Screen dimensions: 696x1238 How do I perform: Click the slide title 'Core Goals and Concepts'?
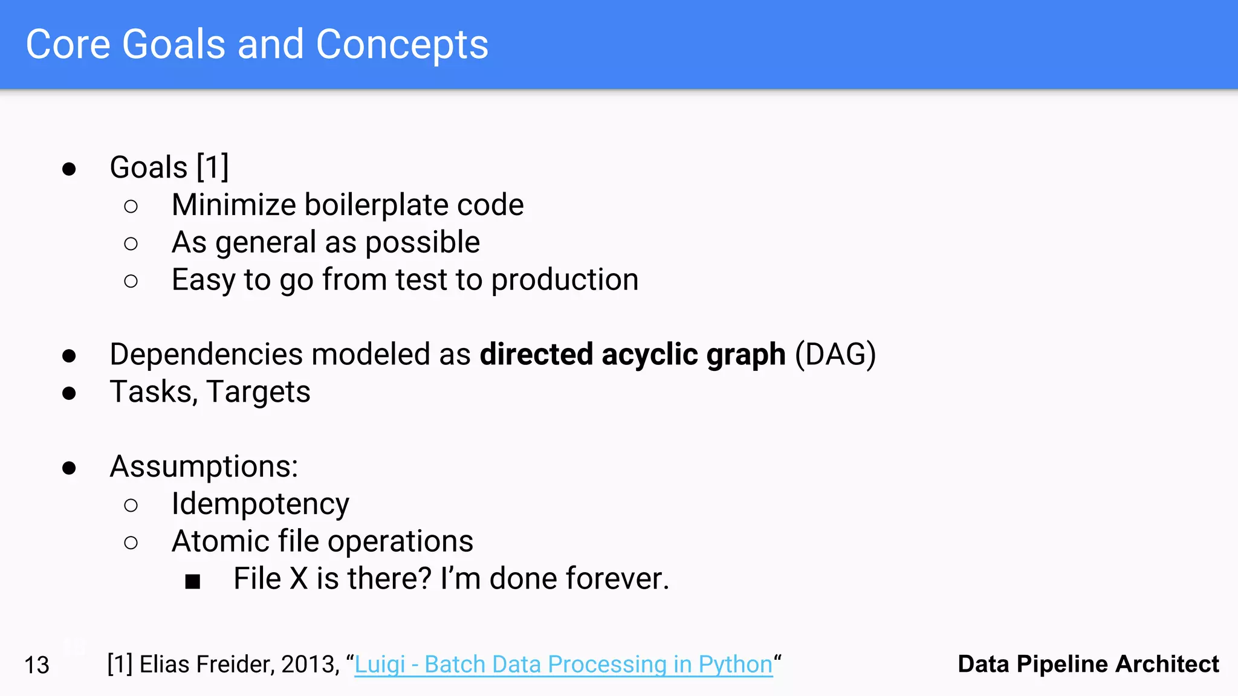[x=257, y=45]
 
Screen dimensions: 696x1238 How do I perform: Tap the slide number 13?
[x=36, y=665]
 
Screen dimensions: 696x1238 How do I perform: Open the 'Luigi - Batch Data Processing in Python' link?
[x=563, y=665]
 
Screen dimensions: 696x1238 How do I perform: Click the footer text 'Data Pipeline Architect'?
[x=1088, y=664]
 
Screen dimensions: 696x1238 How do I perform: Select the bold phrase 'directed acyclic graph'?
[x=632, y=355]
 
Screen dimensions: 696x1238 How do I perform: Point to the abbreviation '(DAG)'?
[x=835, y=355]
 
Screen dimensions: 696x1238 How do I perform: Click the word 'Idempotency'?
[x=260, y=504]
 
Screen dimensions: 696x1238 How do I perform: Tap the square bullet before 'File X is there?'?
[x=192, y=581]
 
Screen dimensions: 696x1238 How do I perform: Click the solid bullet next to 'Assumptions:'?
[x=69, y=468]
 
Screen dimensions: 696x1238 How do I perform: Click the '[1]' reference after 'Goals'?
[x=213, y=167]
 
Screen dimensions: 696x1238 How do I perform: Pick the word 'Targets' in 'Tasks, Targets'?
[x=258, y=392]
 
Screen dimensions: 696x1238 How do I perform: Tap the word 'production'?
[x=564, y=280]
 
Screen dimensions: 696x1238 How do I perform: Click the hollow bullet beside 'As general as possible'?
[x=131, y=243]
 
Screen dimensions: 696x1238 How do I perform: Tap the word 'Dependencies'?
[x=206, y=355]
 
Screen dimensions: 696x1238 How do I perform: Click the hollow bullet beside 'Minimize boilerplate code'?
[x=131, y=206]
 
